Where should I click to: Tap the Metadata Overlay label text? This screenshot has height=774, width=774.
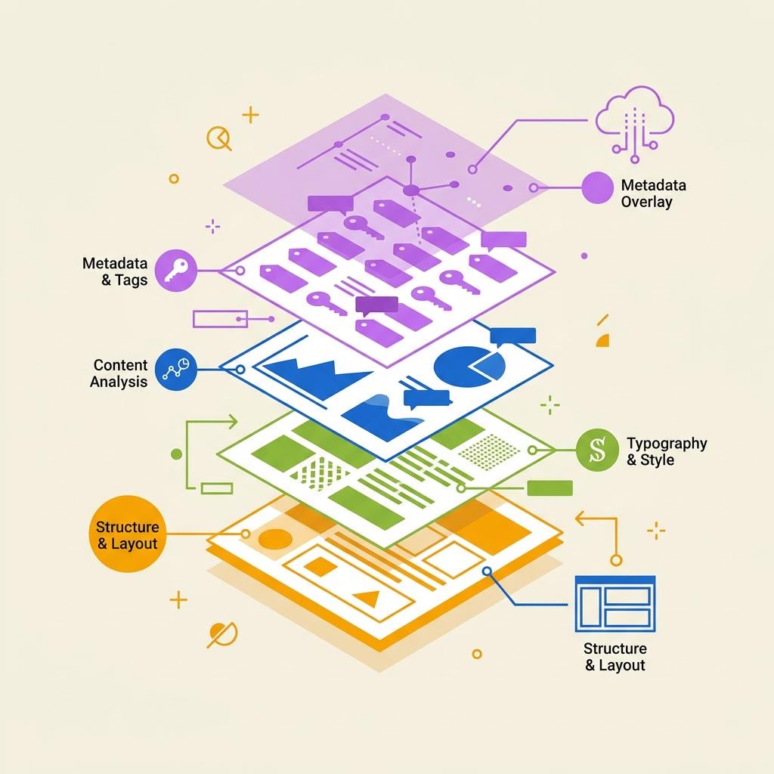click(653, 193)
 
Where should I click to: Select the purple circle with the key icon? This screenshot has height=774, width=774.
click(175, 270)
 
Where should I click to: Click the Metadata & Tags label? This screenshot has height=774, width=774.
click(115, 271)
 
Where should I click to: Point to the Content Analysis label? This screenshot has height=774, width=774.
click(119, 373)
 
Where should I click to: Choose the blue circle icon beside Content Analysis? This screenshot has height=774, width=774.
click(175, 370)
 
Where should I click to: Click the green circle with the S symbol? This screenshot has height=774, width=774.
click(597, 450)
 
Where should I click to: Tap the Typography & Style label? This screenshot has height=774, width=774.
click(667, 451)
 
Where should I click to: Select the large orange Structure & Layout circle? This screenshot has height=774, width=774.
click(127, 534)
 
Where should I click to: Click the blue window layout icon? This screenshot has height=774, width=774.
click(615, 603)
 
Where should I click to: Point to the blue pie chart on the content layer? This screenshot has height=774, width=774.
click(469, 366)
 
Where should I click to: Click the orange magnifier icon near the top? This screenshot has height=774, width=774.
click(218, 138)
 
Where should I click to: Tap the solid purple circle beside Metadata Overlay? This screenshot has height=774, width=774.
click(597, 187)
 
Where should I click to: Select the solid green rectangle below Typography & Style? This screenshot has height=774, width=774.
click(550, 488)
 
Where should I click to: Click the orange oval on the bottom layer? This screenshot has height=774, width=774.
click(275, 539)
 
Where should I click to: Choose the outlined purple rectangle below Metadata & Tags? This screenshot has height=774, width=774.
click(220, 319)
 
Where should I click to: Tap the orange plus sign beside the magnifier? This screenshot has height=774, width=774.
click(250, 115)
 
